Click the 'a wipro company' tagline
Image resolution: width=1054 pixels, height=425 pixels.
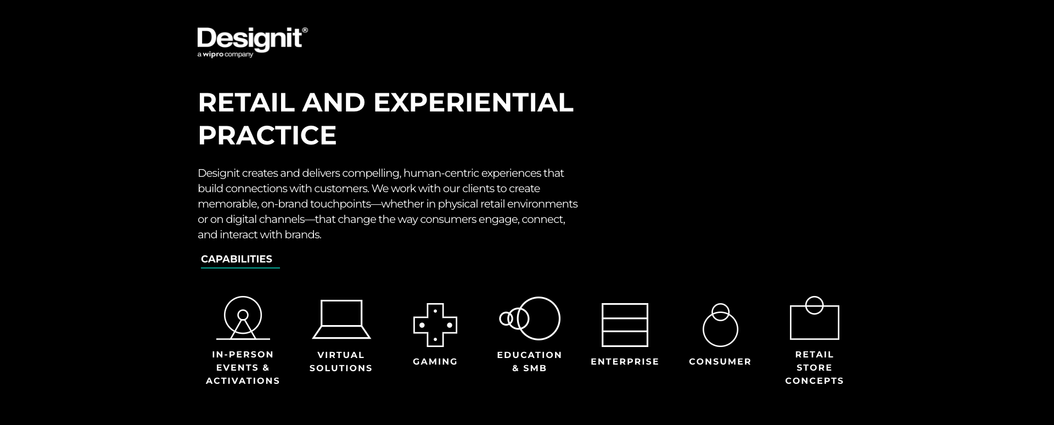coord(225,54)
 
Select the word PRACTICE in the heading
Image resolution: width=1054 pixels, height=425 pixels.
coord(267,135)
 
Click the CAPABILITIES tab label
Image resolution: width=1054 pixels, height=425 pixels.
coord(237,259)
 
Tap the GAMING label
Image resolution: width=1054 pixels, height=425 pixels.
coord(435,362)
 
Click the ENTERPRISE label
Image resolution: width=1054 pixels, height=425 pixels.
coord(625,362)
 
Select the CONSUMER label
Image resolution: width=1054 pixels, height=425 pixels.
coord(720,362)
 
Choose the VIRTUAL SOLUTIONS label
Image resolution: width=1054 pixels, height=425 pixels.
coord(341,362)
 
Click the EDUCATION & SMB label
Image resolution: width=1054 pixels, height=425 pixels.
coord(530,362)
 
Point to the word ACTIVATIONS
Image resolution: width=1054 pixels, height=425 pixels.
coord(243,381)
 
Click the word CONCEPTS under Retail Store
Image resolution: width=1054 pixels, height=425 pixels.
coord(815,381)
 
